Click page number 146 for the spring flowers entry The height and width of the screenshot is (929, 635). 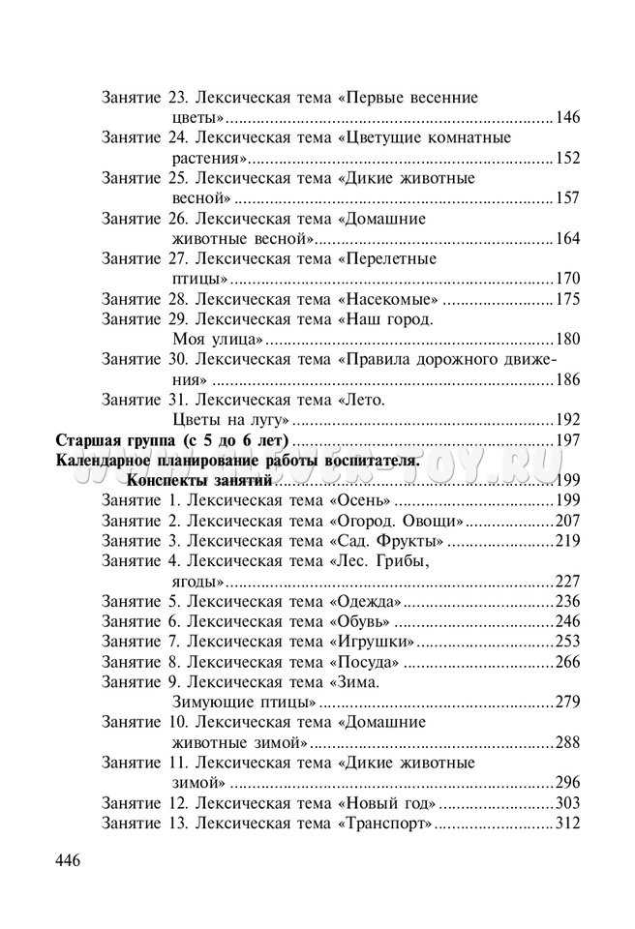pos(567,117)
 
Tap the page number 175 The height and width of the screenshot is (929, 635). pos(567,298)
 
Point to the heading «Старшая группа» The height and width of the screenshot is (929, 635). pos(116,440)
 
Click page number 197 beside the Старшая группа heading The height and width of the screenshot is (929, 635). pos(567,440)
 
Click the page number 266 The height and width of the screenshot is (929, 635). pos(567,661)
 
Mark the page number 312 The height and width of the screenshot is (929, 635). pos(567,824)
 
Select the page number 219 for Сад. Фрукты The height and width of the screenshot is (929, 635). pos(567,540)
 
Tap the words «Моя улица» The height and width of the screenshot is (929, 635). pos(218,339)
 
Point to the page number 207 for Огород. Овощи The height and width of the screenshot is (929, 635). pos(567,520)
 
